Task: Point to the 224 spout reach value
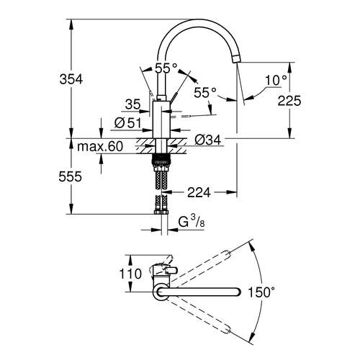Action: coord(199,192)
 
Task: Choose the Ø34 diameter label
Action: coord(207,139)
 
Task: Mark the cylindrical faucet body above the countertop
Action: coord(161,119)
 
